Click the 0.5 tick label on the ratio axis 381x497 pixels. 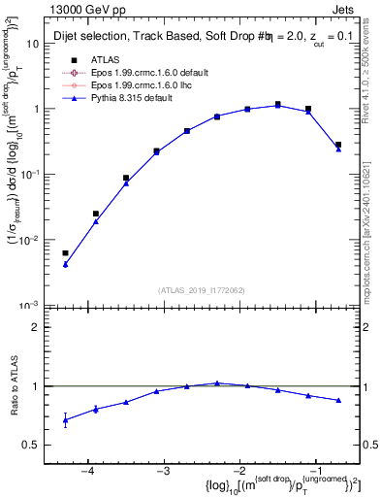click(37, 445)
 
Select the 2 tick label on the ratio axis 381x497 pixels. click(43, 327)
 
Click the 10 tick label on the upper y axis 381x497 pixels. click(39, 44)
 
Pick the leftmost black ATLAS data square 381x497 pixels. click(66, 253)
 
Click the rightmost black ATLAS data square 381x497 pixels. click(338, 145)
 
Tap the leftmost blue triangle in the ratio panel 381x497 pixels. click(66, 420)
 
